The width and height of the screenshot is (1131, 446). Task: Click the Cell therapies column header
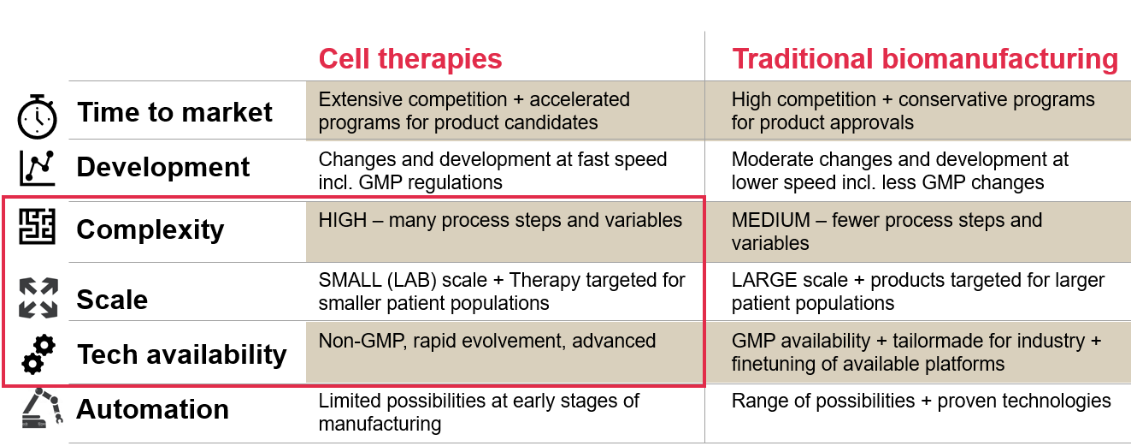pos(410,59)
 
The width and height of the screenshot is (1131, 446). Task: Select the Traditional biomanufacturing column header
pos(925,59)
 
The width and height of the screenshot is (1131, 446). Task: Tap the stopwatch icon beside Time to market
pos(37,116)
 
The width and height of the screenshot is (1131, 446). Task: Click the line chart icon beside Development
pos(37,168)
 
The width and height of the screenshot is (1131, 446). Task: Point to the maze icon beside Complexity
pos(37,227)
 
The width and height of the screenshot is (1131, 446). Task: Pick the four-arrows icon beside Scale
pos(38,298)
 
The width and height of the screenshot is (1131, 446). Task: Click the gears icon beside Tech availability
pos(38,354)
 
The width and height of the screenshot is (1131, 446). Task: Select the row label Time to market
pos(174,112)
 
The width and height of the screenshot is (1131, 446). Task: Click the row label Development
pos(163,167)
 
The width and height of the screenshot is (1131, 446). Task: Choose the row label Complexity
pos(150,229)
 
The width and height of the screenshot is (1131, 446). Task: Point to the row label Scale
pos(112,300)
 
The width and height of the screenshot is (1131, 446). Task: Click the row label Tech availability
pos(182,354)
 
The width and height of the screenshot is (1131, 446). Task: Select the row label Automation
pos(152,409)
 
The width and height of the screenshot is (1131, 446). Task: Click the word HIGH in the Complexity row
pos(343,221)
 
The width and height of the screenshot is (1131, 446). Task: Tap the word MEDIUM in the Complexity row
pos(771,221)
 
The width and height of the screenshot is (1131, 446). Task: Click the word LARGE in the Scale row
pos(764,280)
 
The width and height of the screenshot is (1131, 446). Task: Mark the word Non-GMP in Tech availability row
pos(362,341)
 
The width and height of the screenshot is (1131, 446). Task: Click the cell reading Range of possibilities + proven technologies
pos(921,401)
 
